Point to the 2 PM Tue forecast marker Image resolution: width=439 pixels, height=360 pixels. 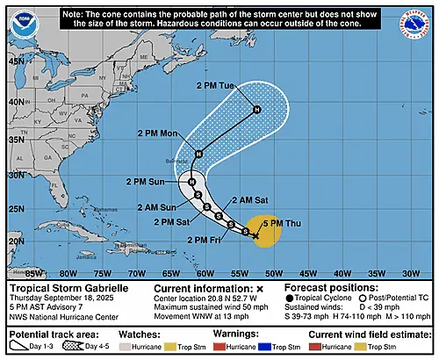pos(256,110)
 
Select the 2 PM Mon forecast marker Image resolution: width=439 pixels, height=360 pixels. pos(198,155)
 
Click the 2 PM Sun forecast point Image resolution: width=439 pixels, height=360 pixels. pos(191,181)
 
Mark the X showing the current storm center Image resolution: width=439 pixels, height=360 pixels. pos(255,235)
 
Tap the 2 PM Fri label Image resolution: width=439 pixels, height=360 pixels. pos(205,240)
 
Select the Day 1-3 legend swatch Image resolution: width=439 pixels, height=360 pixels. pos(25,348)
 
